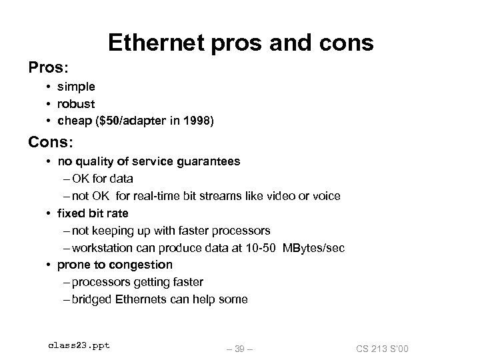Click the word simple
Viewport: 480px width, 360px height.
(x=76, y=87)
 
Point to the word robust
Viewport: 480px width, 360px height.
(x=76, y=104)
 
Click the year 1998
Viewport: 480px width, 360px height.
(x=197, y=121)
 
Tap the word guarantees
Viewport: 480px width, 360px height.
(x=207, y=161)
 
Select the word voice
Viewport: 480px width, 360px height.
(x=325, y=196)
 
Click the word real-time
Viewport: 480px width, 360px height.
(x=159, y=196)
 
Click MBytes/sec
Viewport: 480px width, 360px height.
(x=313, y=248)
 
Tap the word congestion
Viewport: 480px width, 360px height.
(x=143, y=265)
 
